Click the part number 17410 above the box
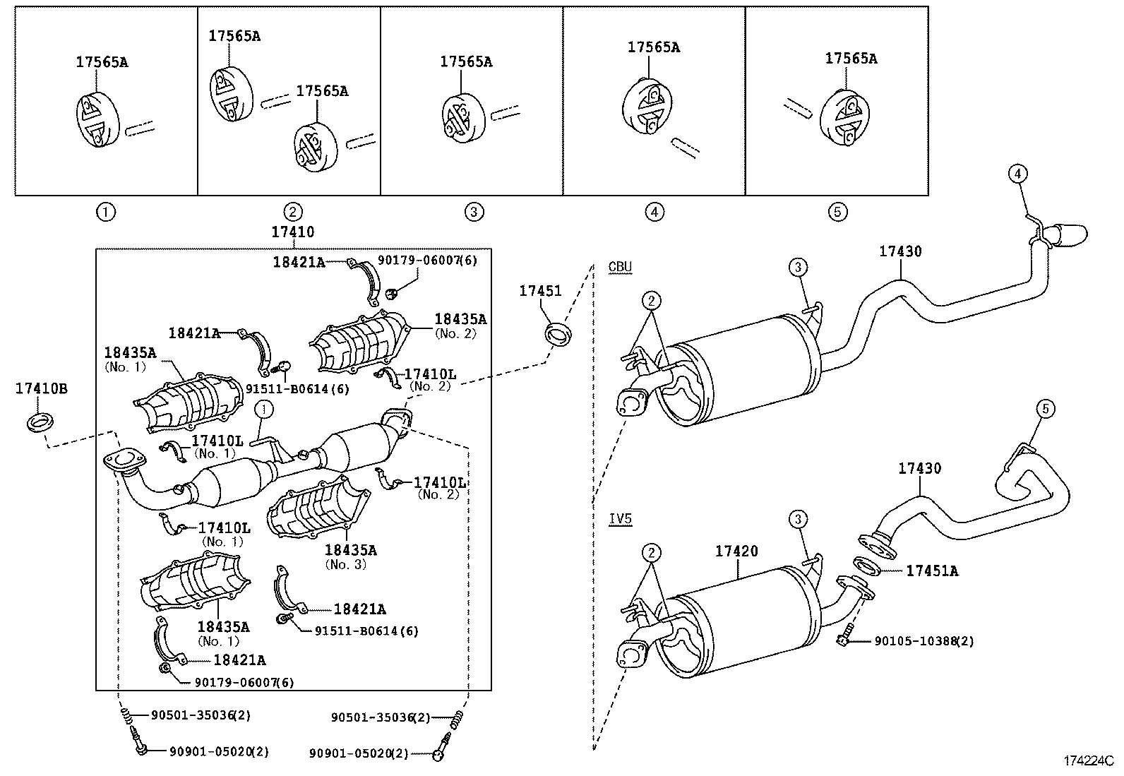tap(292, 232)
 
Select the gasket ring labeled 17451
tap(558, 335)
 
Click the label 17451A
tap(932, 571)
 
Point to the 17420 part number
tap(736, 551)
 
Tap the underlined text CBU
tap(620, 266)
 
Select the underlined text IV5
tap(620, 518)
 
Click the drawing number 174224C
tap(1089, 761)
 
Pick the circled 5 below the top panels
tap(837, 212)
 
